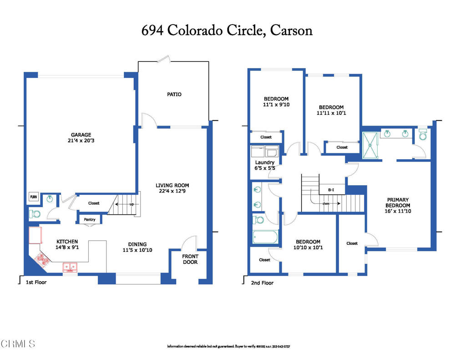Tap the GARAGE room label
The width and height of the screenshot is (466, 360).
click(x=81, y=135)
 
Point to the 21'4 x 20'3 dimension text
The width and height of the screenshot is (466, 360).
click(x=81, y=141)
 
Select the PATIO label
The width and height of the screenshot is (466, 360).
click(x=174, y=94)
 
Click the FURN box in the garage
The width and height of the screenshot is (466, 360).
click(x=34, y=197)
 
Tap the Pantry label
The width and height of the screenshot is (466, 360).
click(x=89, y=220)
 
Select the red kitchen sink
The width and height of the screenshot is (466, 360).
click(x=70, y=267)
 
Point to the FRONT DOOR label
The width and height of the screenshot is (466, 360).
click(x=190, y=259)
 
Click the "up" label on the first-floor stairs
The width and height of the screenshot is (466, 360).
click(x=132, y=204)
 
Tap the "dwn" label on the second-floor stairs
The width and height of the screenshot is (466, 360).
click(x=326, y=203)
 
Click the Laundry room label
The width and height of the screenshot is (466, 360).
click(x=264, y=162)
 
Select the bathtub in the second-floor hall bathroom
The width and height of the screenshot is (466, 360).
click(x=265, y=237)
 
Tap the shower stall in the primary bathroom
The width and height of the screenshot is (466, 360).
click(x=370, y=145)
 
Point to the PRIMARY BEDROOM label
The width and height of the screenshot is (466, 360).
click(x=398, y=203)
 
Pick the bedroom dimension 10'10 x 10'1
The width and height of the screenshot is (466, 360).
click(x=308, y=248)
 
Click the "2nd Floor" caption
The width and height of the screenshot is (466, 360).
click(x=262, y=283)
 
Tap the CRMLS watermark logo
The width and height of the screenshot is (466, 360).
click(x=18, y=343)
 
